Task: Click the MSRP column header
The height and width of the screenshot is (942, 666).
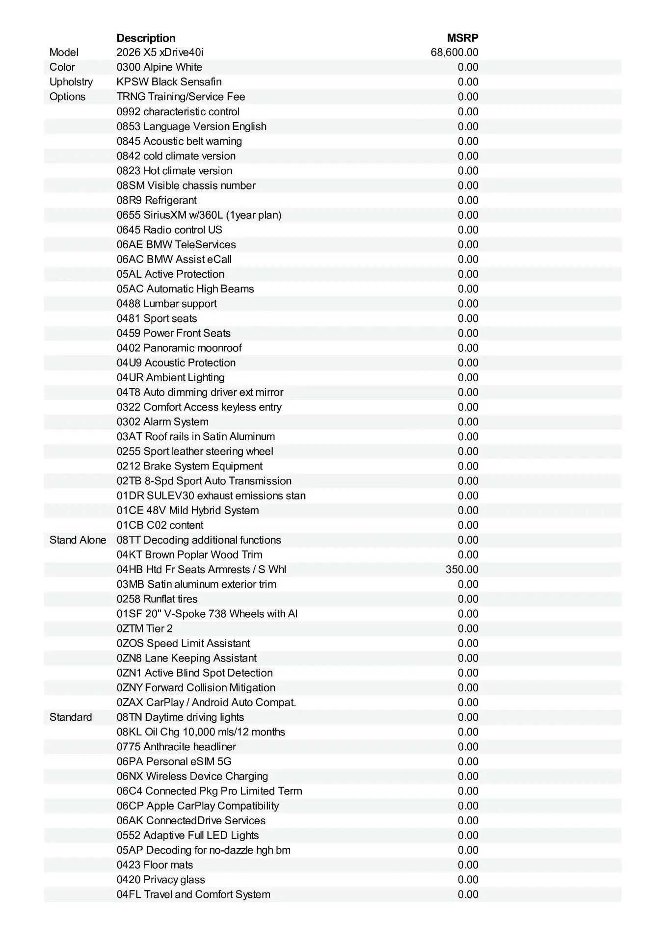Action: point(462,38)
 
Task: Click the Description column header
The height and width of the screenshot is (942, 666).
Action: point(146,38)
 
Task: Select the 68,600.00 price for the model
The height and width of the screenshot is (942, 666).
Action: point(454,52)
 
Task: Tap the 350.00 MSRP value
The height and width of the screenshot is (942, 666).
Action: point(462,569)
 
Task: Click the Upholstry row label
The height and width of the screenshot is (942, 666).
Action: point(71,82)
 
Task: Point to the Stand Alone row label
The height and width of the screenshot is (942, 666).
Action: point(78,540)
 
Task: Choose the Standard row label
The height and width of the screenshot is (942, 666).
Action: point(71,717)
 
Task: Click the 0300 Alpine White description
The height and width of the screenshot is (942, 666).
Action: point(159,67)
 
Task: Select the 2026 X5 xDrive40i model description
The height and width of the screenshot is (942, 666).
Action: point(160,52)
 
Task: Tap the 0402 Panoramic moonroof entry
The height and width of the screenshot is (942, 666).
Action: point(179,348)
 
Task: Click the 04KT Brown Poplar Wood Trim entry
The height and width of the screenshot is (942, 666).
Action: point(189,554)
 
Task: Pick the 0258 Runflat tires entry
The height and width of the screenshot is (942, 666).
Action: point(157,599)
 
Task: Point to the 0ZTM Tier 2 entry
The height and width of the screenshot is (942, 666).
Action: point(145,628)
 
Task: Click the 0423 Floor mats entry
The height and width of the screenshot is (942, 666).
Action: point(155,864)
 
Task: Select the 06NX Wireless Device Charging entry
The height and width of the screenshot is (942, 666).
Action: point(192,776)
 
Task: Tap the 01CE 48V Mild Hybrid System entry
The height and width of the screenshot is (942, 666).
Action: point(187,510)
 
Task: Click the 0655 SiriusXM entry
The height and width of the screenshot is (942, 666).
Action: point(199,215)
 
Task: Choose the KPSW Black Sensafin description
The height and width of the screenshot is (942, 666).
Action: point(169,82)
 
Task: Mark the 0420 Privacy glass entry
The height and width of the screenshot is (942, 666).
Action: point(160,879)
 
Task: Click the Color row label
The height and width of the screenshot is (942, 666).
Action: point(62,67)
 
